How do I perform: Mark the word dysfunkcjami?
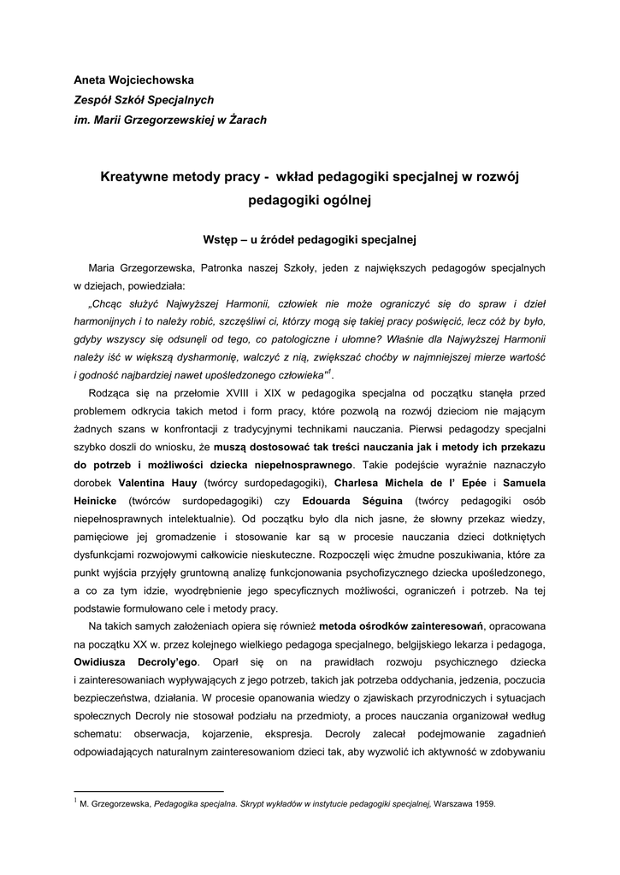click(x=106, y=554)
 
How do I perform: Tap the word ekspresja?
click(x=282, y=733)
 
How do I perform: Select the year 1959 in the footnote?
click(x=483, y=804)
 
